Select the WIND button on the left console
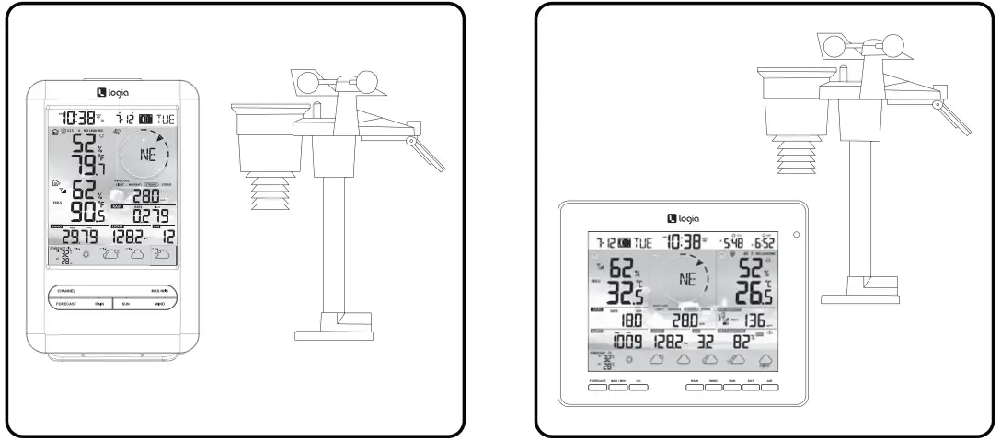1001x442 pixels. pyautogui.click(x=159, y=302)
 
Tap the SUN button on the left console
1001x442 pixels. pyautogui.click(x=129, y=302)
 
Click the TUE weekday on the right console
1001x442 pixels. pyautogui.click(x=639, y=242)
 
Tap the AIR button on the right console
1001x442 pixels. pyautogui.click(x=770, y=386)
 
